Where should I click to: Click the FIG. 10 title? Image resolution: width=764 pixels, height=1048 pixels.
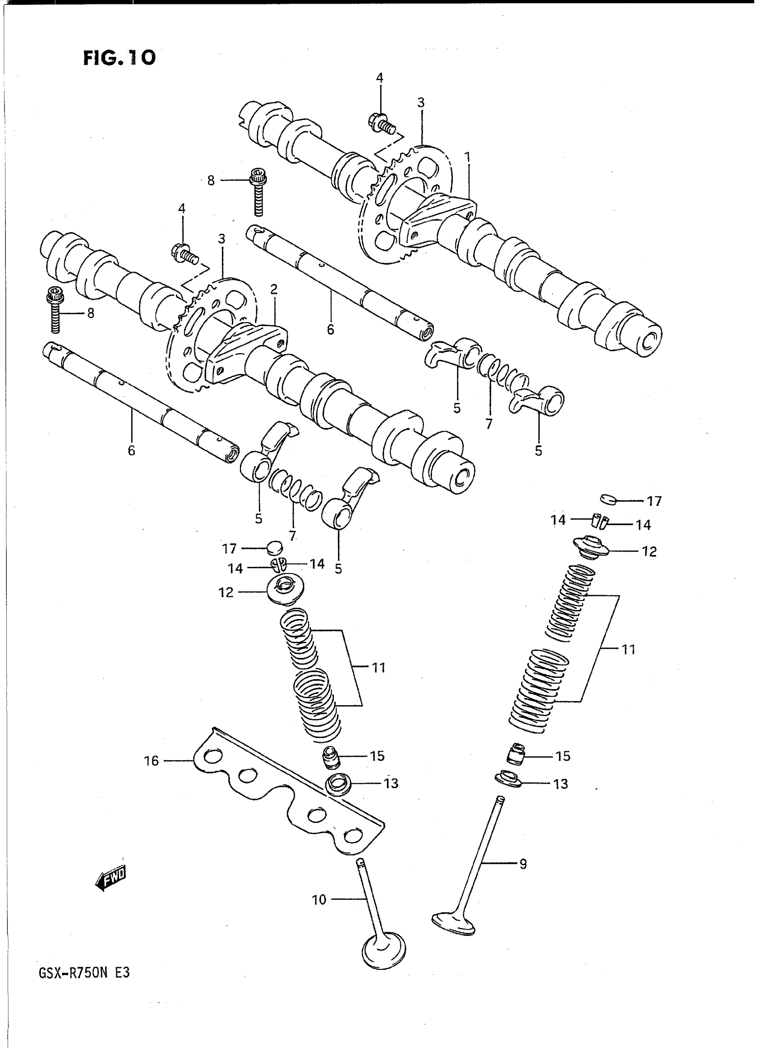tap(119, 58)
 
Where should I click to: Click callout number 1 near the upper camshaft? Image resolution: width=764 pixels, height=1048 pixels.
tap(467, 158)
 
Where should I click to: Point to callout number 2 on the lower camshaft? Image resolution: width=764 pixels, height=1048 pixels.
tap(274, 290)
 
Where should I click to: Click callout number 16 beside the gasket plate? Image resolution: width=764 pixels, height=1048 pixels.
tap(152, 761)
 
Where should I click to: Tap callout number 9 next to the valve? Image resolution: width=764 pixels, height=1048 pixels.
tap(523, 863)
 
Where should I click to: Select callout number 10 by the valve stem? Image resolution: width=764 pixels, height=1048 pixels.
tap(319, 900)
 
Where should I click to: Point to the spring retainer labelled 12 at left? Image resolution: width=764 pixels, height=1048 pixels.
tap(285, 589)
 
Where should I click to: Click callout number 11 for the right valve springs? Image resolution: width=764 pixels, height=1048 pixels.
tap(628, 650)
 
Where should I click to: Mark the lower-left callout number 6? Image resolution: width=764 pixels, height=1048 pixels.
tap(131, 450)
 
